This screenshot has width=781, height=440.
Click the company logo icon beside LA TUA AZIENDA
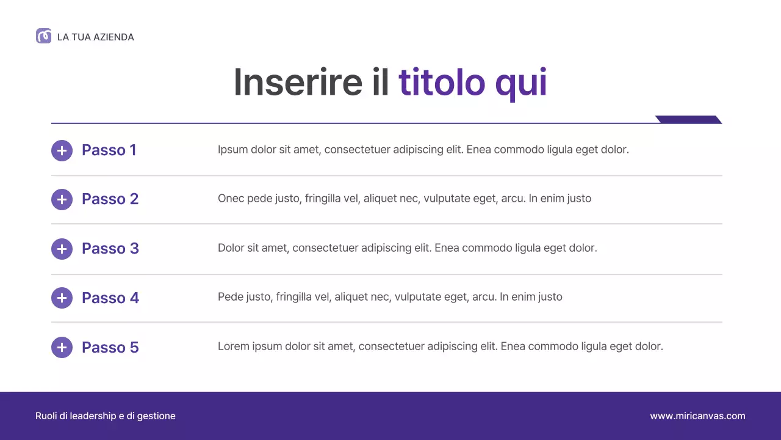43,36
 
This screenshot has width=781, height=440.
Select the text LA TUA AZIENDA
95,37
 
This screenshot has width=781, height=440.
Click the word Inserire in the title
298,82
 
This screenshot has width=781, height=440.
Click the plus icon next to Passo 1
62,150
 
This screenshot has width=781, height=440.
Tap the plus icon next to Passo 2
62,199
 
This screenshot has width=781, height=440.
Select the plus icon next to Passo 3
62,249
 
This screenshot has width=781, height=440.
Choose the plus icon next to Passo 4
62,298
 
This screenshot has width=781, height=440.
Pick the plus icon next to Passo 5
62,348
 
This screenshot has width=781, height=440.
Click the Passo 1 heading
109,150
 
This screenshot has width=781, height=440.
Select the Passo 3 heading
110,249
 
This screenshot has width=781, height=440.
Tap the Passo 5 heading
110,348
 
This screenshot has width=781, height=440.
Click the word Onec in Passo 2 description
231,199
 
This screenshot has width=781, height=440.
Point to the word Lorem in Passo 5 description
234,346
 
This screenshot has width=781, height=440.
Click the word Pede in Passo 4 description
230,297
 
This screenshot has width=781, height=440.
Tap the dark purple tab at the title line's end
688,120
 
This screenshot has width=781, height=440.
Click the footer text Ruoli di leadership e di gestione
106,416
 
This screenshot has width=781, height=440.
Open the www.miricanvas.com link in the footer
697,416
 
